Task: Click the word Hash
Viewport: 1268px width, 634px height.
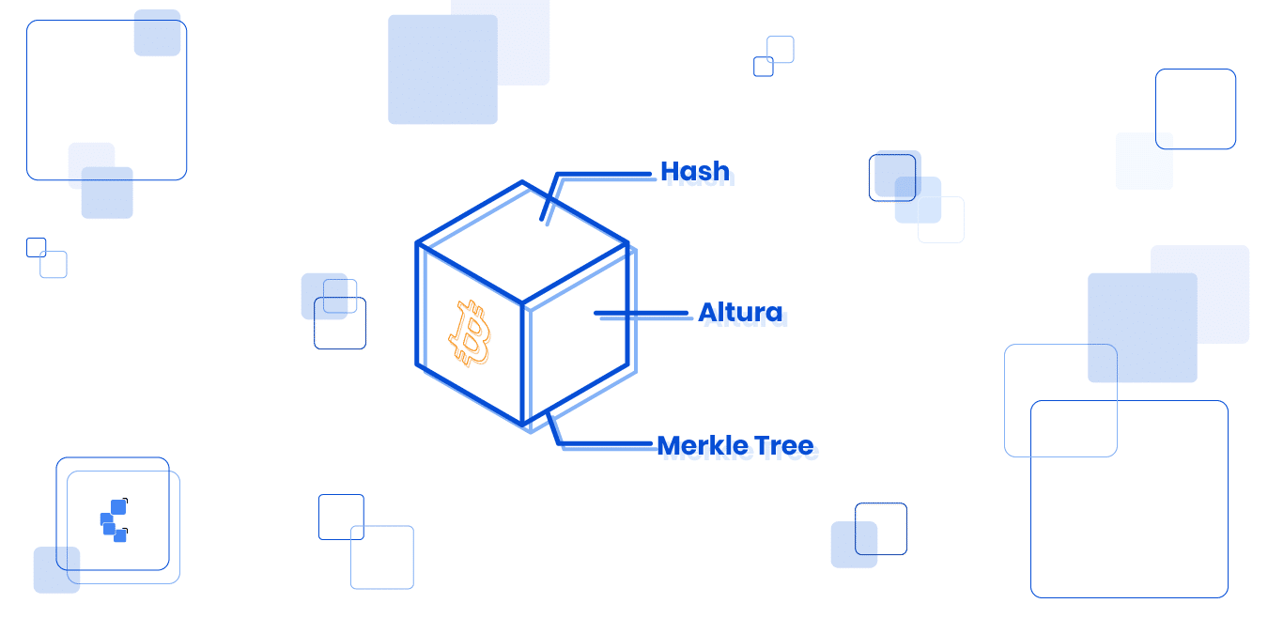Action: (x=695, y=172)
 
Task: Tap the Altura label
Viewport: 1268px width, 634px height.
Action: (x=740, y=312)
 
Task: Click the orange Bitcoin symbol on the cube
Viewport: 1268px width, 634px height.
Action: (x=471, y=332)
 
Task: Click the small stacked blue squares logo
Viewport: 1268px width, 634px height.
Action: (x=114, y=520)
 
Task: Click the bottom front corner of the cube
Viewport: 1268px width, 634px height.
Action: (x=523, y=425)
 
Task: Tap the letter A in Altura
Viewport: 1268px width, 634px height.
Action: (x=708, y=312)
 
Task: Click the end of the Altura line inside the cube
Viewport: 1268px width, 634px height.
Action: (x=596, y=313)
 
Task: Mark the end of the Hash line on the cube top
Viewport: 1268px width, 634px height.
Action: (x=542, y=220)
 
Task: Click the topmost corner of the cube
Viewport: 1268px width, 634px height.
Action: (x=522, y=182)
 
